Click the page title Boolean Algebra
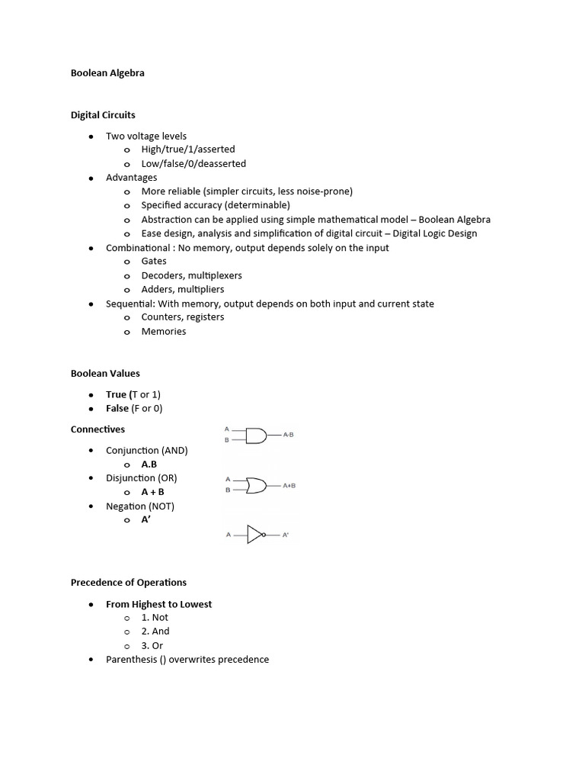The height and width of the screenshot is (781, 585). click(107, 73)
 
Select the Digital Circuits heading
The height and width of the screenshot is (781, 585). click(103, 115)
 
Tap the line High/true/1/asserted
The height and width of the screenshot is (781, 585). click(188, 149)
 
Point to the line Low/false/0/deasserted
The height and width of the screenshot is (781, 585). click(193, 163)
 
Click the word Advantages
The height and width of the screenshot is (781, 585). click(132, 178)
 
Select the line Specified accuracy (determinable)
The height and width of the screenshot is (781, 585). click(216, 205)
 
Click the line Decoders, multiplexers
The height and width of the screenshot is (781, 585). click(191, 275)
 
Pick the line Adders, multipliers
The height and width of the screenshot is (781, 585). click(183, 289)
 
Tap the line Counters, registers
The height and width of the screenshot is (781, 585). click(183, 317)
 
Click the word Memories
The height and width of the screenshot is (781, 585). click(164, 332)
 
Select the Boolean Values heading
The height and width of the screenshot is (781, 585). click(105, 374)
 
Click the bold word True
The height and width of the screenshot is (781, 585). click(117, 394)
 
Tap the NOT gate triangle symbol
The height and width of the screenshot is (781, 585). click(255, 535)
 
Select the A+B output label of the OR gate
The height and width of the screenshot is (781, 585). click(289, 485)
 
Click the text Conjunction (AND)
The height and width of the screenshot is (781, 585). click(147, 451)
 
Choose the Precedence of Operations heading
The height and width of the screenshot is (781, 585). click(129, 583)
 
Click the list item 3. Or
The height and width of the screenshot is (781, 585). click(152, 645)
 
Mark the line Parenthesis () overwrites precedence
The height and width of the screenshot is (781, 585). click(187, 660)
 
